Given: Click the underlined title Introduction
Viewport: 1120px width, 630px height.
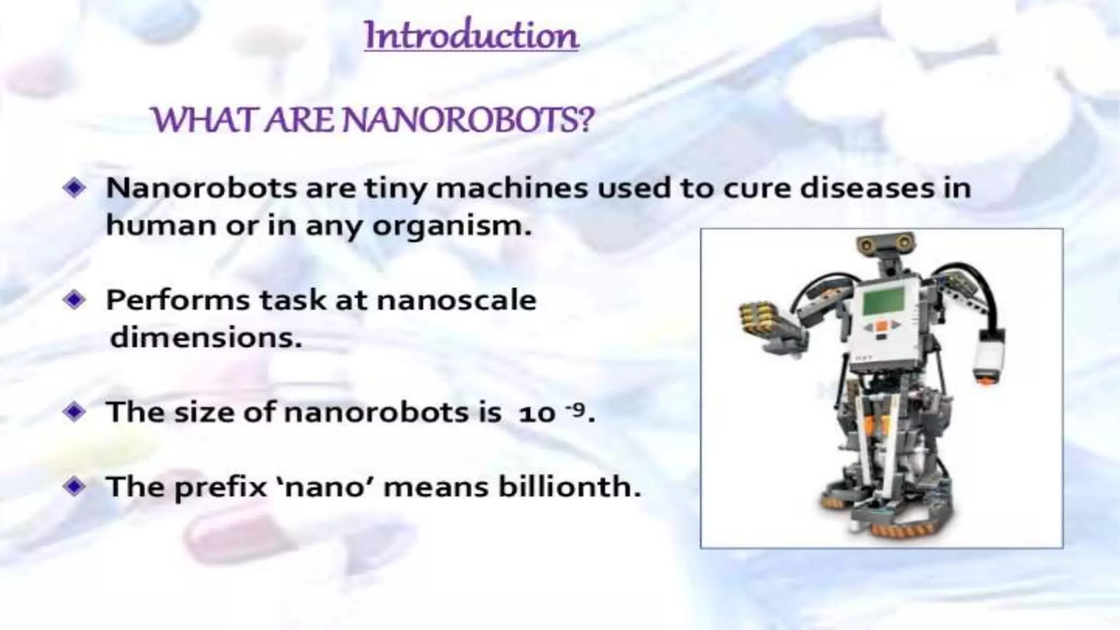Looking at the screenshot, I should coord(471,35).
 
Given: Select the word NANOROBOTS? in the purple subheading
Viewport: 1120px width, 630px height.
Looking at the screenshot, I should coord(469,120).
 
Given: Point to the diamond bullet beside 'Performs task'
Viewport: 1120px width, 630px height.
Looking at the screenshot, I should coord(74,300).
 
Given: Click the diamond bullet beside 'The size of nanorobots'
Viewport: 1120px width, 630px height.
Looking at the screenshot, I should coord(74,411).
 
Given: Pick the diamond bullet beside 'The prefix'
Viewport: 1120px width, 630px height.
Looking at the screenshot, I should coord(74,486).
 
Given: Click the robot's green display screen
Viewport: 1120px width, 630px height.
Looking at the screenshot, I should coord(883,300).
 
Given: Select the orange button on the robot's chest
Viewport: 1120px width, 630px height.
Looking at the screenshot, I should coord(881,326).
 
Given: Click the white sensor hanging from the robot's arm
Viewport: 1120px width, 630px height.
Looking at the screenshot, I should coord(989,356).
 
